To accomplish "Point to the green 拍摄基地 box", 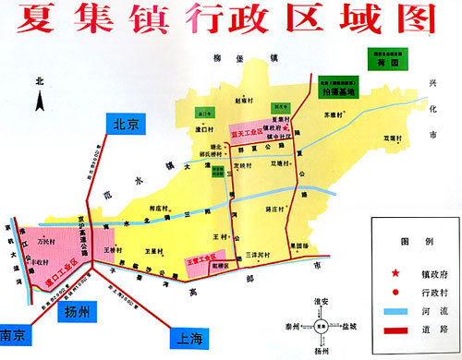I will click(x=338, y=91).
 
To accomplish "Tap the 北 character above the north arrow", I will click(x=39, y=81).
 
